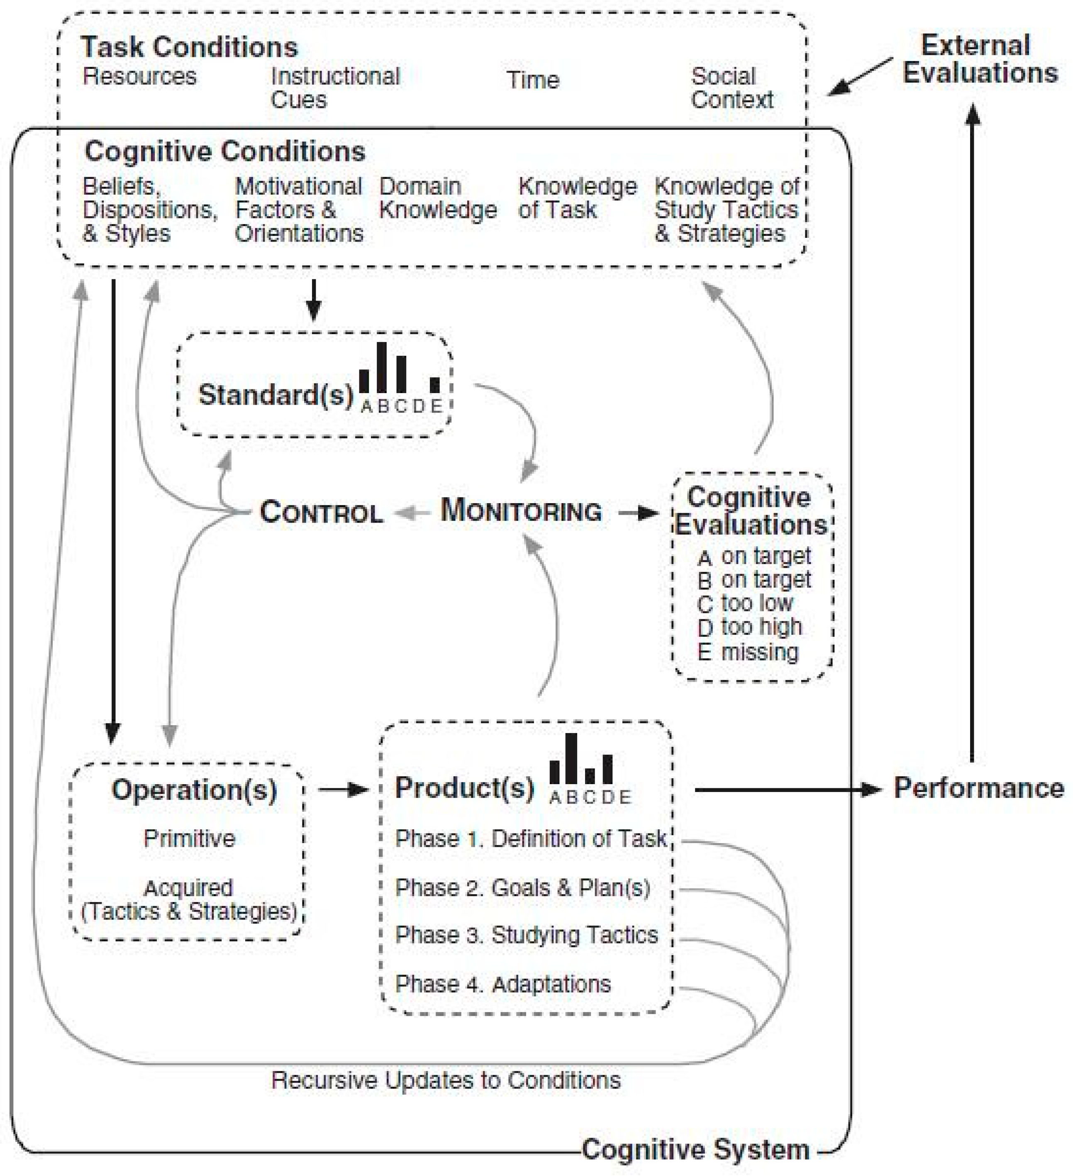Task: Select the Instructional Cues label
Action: coord(335,88)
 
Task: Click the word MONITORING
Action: coord(521,511)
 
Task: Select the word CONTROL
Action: coord(321,512)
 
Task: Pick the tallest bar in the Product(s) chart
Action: coord(571,758)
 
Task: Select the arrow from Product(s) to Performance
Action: coord(787,790)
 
